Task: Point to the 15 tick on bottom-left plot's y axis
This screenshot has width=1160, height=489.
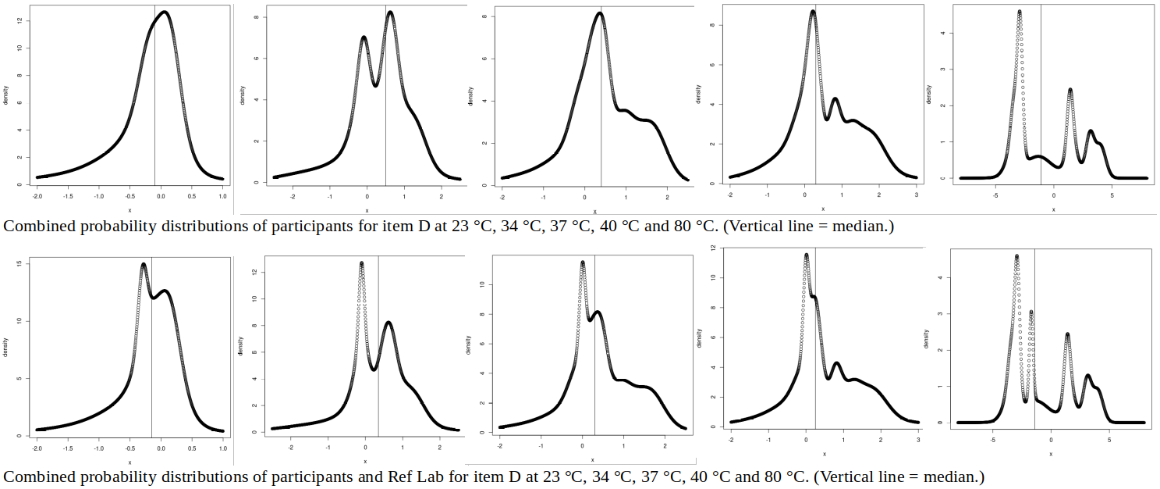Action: [x=18, y=263]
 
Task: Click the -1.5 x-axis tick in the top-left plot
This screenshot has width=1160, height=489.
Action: [x=68, y=197]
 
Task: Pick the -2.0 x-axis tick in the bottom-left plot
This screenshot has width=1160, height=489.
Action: [x=37, y=450]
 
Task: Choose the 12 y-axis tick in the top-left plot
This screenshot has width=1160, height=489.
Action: [x=18, y=20]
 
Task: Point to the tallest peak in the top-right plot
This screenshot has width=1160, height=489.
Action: [x=1020, y=12]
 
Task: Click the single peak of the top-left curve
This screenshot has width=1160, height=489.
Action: [x=164, y=12]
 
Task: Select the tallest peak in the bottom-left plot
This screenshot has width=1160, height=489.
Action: [x=144, y=264]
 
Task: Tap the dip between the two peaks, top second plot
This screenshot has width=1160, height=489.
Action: [x=375, y=85]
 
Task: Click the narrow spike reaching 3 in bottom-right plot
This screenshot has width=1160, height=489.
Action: [x=1031, y=312]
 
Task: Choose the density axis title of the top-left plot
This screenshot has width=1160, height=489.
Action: [x=6, y=95]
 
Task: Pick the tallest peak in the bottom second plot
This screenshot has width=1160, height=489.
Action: [x=362, y=263]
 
